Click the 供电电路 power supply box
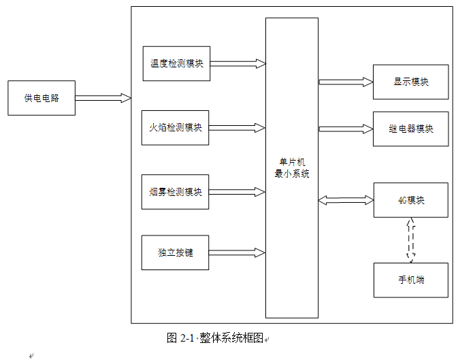pos(41,98)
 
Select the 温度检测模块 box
pos(176,64)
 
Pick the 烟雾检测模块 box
pos(175,192)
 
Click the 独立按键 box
pos(175,252)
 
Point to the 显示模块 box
pos(410,82)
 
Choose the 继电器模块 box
pos(410,129)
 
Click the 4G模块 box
pos(410,200)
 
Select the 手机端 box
pos(410,280)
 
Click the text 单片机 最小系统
pos(291,167)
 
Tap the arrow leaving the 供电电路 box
pos(102,98)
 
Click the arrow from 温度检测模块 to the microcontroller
pos(237,64)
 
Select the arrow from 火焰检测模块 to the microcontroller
pos(237,128)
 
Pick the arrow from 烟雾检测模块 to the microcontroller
pos(237,192)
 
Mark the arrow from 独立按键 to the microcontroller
pos(237,252)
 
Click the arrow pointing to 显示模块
pos(346,82)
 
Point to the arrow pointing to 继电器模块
pos(346,129)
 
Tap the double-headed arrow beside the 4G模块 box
pos(346,200)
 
